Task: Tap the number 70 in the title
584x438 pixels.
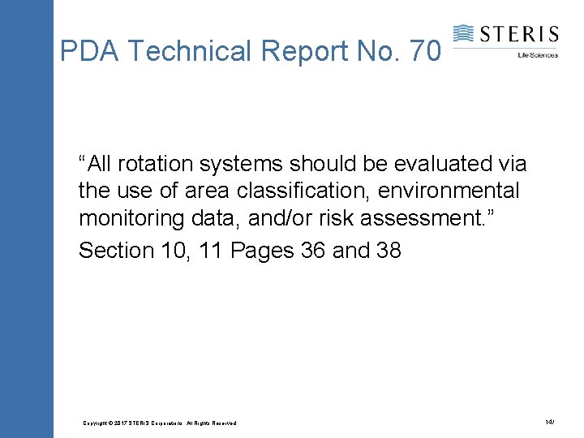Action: coord(426,52)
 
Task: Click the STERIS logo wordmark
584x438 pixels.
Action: coord(518,34)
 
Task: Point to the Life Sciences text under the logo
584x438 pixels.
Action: coord(537,55)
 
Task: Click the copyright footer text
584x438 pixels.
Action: coord(160,423)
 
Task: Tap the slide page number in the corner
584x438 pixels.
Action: coord(550,423)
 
